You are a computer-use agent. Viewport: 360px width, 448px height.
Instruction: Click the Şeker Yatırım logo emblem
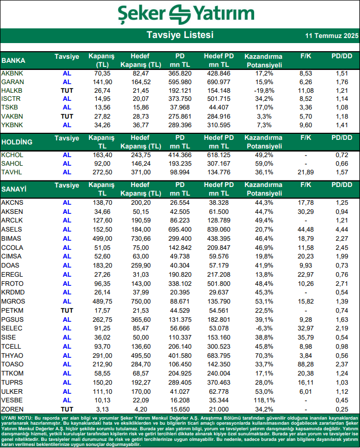click(x=181, y=13)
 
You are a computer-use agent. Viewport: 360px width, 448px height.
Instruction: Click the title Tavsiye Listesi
click(x=180, y=35)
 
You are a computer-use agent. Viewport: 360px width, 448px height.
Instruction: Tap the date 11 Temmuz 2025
click(x=332, y=36)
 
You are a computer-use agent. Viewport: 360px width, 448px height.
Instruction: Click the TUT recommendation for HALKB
click(x=67, y=91)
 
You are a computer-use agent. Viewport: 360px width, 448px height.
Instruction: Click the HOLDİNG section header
click(x=17, y=142)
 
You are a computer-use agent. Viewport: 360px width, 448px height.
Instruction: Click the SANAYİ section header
click(x=14, y=190)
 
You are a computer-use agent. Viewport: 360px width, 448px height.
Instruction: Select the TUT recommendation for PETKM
click(x=67, y=311)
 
